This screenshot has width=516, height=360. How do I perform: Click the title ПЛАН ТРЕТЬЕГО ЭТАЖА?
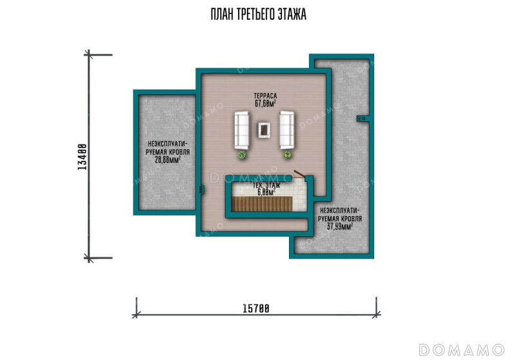(259, 14)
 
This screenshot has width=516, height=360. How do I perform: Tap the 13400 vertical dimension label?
(83, 157)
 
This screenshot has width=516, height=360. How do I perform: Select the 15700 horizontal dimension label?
(256, 308)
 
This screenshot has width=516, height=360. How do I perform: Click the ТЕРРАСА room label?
(265, 95)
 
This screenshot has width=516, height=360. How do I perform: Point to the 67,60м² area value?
(265, 103)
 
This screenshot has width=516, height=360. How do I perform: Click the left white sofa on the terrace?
(241, 130)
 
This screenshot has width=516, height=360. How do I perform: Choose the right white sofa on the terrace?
(286, 130)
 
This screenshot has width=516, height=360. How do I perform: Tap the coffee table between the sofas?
(264, 130)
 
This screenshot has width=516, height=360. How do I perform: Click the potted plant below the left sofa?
(242, 155)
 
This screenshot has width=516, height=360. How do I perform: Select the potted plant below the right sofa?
(287, 154)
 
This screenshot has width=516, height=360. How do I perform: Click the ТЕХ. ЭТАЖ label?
(266, 185)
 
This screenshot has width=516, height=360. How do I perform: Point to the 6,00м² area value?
(266, 192)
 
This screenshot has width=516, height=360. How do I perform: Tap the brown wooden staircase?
(262, 204)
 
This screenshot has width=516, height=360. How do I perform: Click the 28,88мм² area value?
(168, 160)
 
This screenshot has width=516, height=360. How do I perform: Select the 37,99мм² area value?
(340, 226)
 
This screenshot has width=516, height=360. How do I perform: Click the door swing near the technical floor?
(299, 174)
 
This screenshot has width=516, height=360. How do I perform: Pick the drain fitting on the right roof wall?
(361, 119)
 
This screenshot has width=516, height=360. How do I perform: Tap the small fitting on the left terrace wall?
(201, 190)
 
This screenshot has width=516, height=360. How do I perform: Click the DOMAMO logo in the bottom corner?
(462, 350)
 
